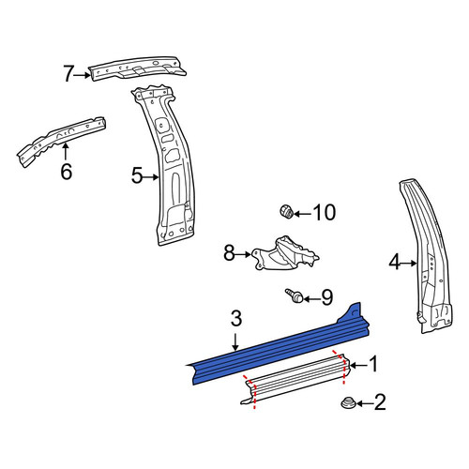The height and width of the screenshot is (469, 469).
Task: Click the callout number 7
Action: click(x=68, y=73)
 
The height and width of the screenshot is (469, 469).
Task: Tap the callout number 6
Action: click(x=67, y=172)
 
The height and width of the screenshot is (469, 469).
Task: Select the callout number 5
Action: click(x=137, y=175)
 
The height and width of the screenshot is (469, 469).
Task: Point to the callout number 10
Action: click(x=325, y=213)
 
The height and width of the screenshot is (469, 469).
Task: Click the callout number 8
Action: click(x=229, y=253)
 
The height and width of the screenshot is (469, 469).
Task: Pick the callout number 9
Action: click(x=327, y=297)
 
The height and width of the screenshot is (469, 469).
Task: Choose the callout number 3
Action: click(x=236, y=319)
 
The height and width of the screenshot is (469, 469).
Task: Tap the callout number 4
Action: click(x=395, y=262)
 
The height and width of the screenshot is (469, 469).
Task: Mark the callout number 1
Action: click(x=372, y=364)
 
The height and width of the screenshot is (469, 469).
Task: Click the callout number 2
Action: click(x=380, y=402)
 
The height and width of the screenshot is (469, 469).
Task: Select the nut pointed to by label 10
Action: click(x=286, y=211)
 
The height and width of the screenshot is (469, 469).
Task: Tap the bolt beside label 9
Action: click(x=295, y=295)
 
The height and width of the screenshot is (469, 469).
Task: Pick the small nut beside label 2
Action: click(x=347, y=402)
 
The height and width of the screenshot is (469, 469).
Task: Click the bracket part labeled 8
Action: click(x=285, y=254)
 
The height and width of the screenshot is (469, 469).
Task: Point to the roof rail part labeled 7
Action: click(x=138, y=68)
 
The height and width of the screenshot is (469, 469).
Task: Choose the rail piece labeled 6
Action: click(x=61, y=141)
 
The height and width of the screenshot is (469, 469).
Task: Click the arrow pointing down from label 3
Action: click(x=235, y=341)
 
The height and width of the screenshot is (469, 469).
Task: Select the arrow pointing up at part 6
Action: click(x=66, y=151)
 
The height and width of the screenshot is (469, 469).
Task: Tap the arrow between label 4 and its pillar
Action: click(x=409, y=264)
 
